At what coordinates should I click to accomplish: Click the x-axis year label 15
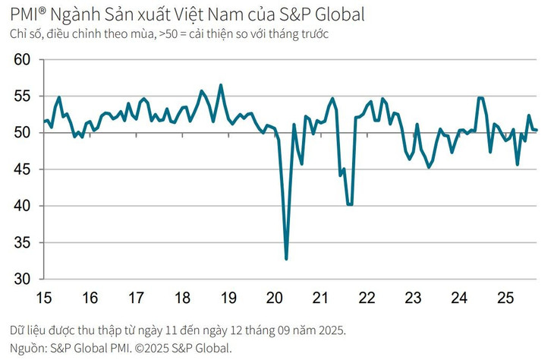[44, 298]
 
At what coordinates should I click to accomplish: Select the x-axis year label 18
[182, 298]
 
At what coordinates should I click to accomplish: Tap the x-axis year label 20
[275, 298]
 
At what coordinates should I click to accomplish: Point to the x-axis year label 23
[413, 298]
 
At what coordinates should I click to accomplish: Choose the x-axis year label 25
[505, 298]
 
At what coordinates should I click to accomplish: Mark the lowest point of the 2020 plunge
[286, 259]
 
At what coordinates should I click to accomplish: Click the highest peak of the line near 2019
[221, 85]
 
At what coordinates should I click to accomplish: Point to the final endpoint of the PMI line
[537, 130]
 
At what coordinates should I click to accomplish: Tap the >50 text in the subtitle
[168, 33]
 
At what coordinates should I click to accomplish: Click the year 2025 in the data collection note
[329, 331]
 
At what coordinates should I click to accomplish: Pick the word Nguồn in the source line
[27, 349]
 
